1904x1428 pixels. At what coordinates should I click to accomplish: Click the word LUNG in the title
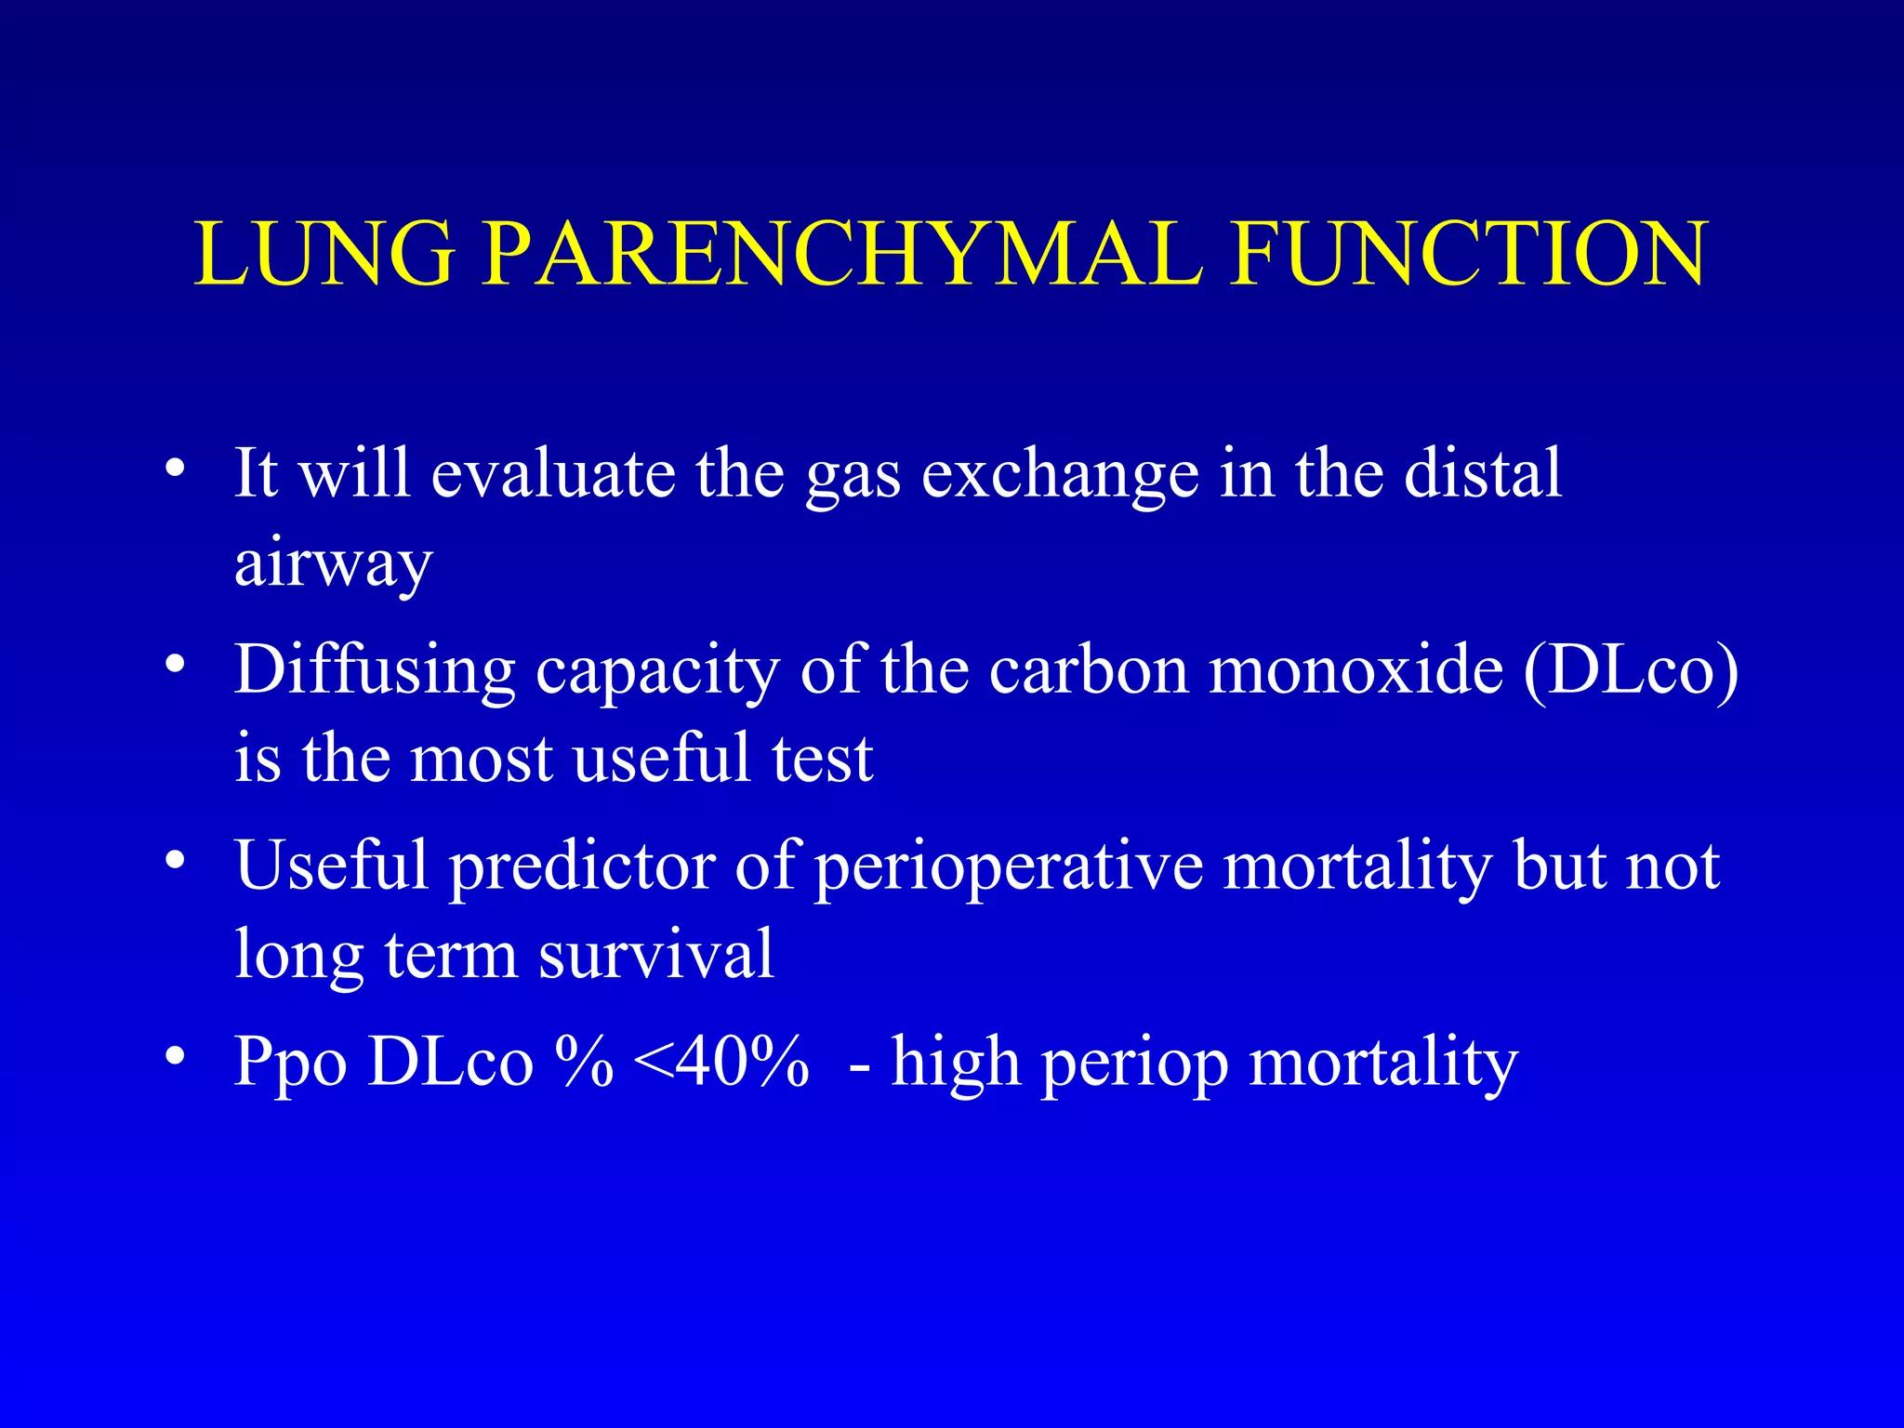(x=324, y=254)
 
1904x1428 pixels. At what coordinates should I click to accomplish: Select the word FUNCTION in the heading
(x=1468, y=254)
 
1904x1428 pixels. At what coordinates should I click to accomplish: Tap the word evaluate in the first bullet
(x=553, y=473)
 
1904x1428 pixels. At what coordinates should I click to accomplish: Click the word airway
(x=333, y=564)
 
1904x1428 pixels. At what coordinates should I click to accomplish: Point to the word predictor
(x=582, y=867)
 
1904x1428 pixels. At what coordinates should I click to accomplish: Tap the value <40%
(x=721, y=1062)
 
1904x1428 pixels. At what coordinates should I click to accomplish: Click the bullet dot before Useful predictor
(x=175, y=862)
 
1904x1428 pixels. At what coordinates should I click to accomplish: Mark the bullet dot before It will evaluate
(x=175, y=468)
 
